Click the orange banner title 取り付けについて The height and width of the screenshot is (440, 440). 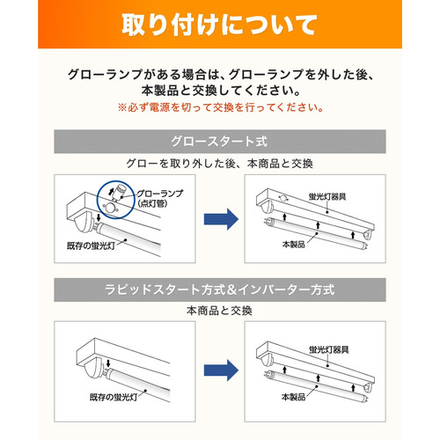coord(219,25)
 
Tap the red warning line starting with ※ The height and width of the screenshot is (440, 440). coord(220,107)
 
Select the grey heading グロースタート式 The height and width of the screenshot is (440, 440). coord(219,142)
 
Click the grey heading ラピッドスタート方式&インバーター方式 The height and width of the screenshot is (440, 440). coord(219,290)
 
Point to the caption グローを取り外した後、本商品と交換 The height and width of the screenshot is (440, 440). coord(219,164)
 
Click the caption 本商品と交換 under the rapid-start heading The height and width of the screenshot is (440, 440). coord(219,311)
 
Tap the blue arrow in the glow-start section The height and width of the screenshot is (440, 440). coord(221,219)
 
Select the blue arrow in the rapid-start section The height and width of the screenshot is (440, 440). coord(221,370)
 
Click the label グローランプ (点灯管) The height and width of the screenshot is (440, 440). coord(160,198)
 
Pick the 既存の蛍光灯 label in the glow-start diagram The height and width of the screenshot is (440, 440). coord(92,246)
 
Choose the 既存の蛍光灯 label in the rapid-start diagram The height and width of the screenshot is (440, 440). coord(114,397)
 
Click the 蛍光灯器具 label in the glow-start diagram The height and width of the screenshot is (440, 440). coord(327,196)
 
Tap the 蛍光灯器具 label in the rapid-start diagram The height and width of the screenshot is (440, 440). coord(329,349)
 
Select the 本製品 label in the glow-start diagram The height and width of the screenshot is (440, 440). coord(293,244)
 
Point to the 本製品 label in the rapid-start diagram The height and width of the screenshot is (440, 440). coord(293,397)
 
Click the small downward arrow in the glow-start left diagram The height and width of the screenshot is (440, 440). coord(99,217)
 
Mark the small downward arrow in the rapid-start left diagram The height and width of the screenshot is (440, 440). coord(108,363)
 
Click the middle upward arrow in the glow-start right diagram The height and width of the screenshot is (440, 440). coord(318,225)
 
